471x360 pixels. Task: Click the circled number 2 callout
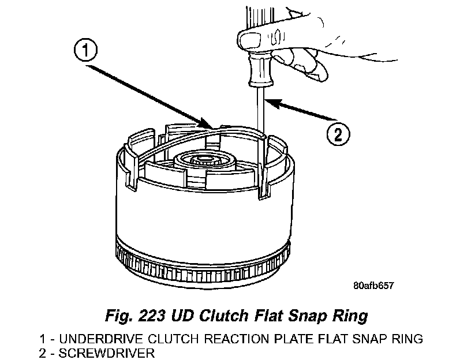point(338,135)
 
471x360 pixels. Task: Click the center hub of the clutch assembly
point(204,160)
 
